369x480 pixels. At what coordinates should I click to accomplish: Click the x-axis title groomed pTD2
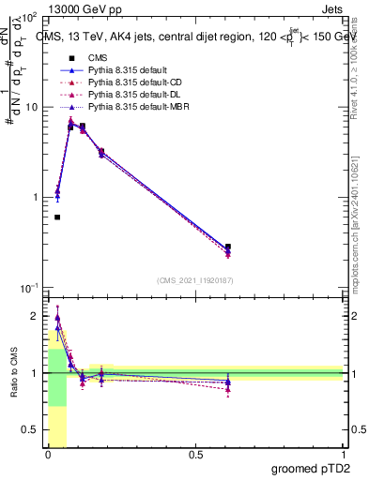[x=310, y=468]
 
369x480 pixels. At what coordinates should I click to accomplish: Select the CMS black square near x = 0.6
[x=228, y=247]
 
